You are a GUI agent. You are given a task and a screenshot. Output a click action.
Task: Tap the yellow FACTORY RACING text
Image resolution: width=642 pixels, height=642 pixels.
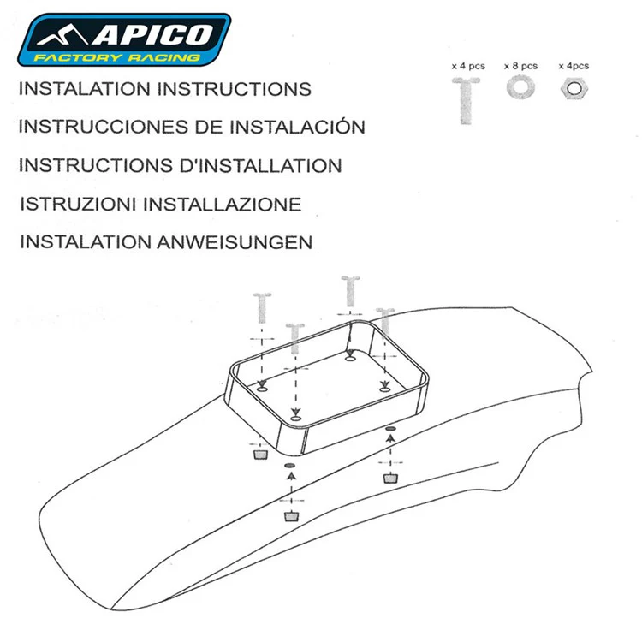pyautogui.click(x=117, y=57)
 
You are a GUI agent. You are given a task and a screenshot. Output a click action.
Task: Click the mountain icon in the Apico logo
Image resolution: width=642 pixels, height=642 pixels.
pyautogui.click(x=62, y=35)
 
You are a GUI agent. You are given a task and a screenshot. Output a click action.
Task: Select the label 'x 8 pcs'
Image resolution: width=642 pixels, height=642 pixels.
pyautogui.click(x=520, y=66)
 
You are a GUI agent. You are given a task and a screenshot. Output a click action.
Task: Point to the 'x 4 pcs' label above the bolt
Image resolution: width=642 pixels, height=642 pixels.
pyautogui.click(x=468, y=66)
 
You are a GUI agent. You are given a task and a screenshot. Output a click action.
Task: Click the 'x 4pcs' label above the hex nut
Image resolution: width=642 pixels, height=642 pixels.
pyautogui.click(x=574, y=66)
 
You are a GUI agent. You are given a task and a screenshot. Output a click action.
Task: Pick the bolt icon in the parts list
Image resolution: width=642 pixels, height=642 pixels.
pyautogui.click(x=466, y=101)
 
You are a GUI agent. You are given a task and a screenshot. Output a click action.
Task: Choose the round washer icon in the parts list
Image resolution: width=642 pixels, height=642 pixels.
pyautogui.click(x=520, y=87)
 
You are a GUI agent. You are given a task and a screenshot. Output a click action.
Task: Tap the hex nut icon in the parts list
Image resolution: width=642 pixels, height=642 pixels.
pyautogui.click(x=574, y=89)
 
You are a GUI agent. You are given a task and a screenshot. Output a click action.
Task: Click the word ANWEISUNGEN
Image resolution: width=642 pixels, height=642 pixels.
pyautogui.click(x=235, y=242)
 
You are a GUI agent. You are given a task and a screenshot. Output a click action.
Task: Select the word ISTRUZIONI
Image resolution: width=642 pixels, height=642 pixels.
pyautogui.click(x=78, y=205)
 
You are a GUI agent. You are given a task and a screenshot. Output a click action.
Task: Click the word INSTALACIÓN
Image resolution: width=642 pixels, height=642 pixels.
pyautogui.click(x=297, y=127)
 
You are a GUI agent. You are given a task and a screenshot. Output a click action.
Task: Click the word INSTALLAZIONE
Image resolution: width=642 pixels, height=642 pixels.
pyautogui.click(x=223, y=205)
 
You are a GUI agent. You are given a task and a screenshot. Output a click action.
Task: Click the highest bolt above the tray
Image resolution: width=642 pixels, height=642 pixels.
pyautogui.click(x=350, y=291)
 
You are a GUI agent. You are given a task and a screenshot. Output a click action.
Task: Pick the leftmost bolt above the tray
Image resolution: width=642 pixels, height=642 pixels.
pyautogui.click(x=262, y=307)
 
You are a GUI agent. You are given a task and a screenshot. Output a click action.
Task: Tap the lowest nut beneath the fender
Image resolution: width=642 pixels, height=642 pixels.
pyautogui.click(x=291, y=516)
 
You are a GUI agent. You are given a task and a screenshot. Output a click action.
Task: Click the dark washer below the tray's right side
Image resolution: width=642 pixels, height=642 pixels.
pyautogui.click(x=391, y=428)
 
